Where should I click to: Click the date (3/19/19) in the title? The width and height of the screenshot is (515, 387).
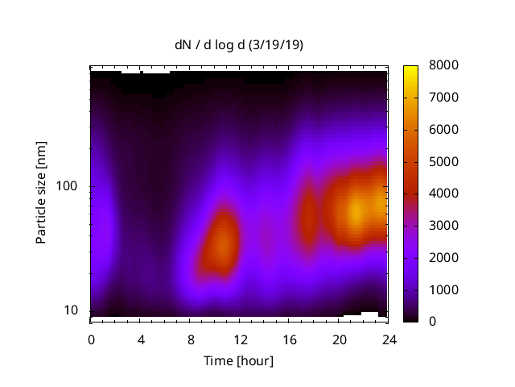pos(275,45)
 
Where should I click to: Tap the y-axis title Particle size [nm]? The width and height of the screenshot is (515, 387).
pos(41,193)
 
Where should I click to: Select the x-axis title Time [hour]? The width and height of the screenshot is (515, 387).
pos(237,360)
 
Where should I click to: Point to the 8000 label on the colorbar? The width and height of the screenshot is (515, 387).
pos(444,65)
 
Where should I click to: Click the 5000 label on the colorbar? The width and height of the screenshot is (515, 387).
pos(444,161)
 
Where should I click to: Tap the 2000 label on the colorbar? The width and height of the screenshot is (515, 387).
pos(444,257)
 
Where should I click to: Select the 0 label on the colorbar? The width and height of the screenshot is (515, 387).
pos(433,322)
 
